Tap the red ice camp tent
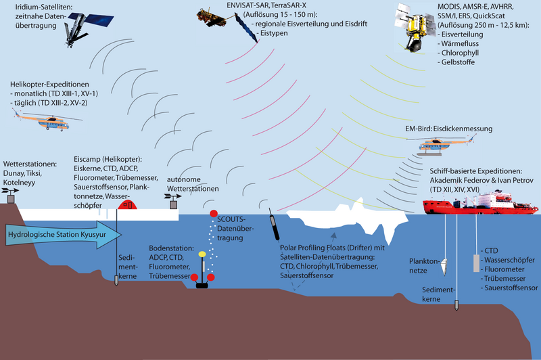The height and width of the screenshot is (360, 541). (x=129, y=202)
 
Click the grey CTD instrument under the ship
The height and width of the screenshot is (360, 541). (x=473, y=263)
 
